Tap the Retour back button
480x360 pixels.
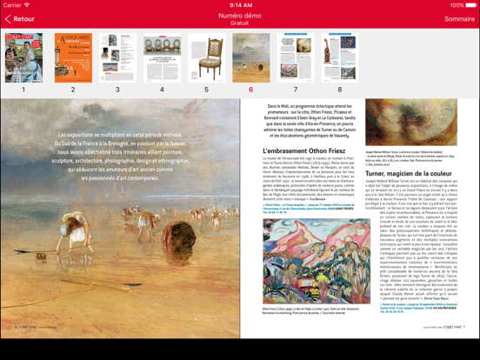(x=21, y=18)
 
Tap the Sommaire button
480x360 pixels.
(x=459, y=18)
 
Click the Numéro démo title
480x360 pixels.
(x=240, y=15)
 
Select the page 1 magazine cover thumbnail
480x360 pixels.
(x=23, y=58)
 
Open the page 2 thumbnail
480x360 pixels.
(x=73, y=58)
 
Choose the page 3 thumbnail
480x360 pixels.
(x=117, y=58)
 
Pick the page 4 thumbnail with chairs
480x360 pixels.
(x=162, y=58)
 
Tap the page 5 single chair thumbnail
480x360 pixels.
(x=206, y=58)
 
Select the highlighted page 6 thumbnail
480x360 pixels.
(x=251, y=58)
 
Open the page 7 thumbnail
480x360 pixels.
(x=296, y=58)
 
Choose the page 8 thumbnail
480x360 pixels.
(x=340, y=58)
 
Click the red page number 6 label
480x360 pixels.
(x=251, y=90)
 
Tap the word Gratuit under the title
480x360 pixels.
(x=240, y=23)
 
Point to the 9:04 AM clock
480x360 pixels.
(x=240, y=4)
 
